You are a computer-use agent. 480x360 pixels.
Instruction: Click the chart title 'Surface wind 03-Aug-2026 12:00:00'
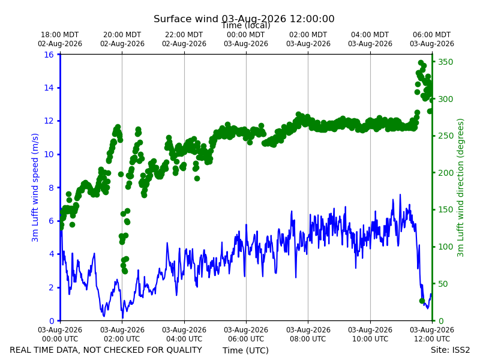(244, 19)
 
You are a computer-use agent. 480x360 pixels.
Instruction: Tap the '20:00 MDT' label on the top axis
(122, 35)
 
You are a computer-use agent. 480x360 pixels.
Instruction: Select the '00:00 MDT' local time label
(246, 35)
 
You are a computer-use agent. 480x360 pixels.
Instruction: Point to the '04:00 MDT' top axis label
(370, 35)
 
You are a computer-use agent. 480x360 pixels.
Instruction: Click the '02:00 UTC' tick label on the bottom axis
(122, 339)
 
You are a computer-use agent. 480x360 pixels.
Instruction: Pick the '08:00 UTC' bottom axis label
(308, 339)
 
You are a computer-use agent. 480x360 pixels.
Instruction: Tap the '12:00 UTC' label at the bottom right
(432, 339)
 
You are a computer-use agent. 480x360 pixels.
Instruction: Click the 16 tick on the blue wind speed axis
(49, 55)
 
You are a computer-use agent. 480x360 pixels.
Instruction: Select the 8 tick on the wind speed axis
(51, 188)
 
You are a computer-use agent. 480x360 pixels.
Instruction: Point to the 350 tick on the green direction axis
(445, 62)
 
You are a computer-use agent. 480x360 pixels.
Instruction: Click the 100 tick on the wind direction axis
(445, 247)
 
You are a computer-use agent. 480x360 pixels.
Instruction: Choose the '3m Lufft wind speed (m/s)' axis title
(35, 187)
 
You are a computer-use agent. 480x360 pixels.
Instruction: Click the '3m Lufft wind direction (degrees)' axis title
(460, 188)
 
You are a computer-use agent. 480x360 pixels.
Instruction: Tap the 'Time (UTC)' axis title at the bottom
(245, 350)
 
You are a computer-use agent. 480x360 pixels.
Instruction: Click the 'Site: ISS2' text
(450, 350)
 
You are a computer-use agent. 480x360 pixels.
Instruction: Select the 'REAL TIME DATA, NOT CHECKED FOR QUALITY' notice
(106, 350)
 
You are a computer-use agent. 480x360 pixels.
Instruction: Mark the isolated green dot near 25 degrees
(422, 301)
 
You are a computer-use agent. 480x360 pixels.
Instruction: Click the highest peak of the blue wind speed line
(400, 194)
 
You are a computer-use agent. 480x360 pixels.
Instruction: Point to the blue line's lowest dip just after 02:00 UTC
(122, 318)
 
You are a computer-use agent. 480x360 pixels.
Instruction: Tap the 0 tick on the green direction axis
(440, 321)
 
